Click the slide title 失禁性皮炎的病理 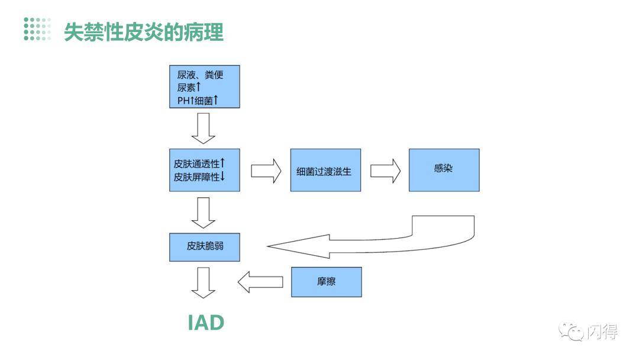(144, 31)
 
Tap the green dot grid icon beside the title (37, 29)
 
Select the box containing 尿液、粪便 (205, 86)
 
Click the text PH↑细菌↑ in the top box (198, 100)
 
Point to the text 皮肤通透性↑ (199, 163)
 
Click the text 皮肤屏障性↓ (199, 176)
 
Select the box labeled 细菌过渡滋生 (325, 171)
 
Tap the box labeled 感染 (444, 169)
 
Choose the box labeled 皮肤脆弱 (205, 246)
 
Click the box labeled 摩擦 (326, 282)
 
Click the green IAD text (206, 323)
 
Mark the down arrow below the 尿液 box (205, 128)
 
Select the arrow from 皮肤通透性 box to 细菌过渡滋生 (266, 171)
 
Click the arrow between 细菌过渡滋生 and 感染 (385, 171)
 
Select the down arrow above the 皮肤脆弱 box (205, 213)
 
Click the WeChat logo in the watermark (572, 331)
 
